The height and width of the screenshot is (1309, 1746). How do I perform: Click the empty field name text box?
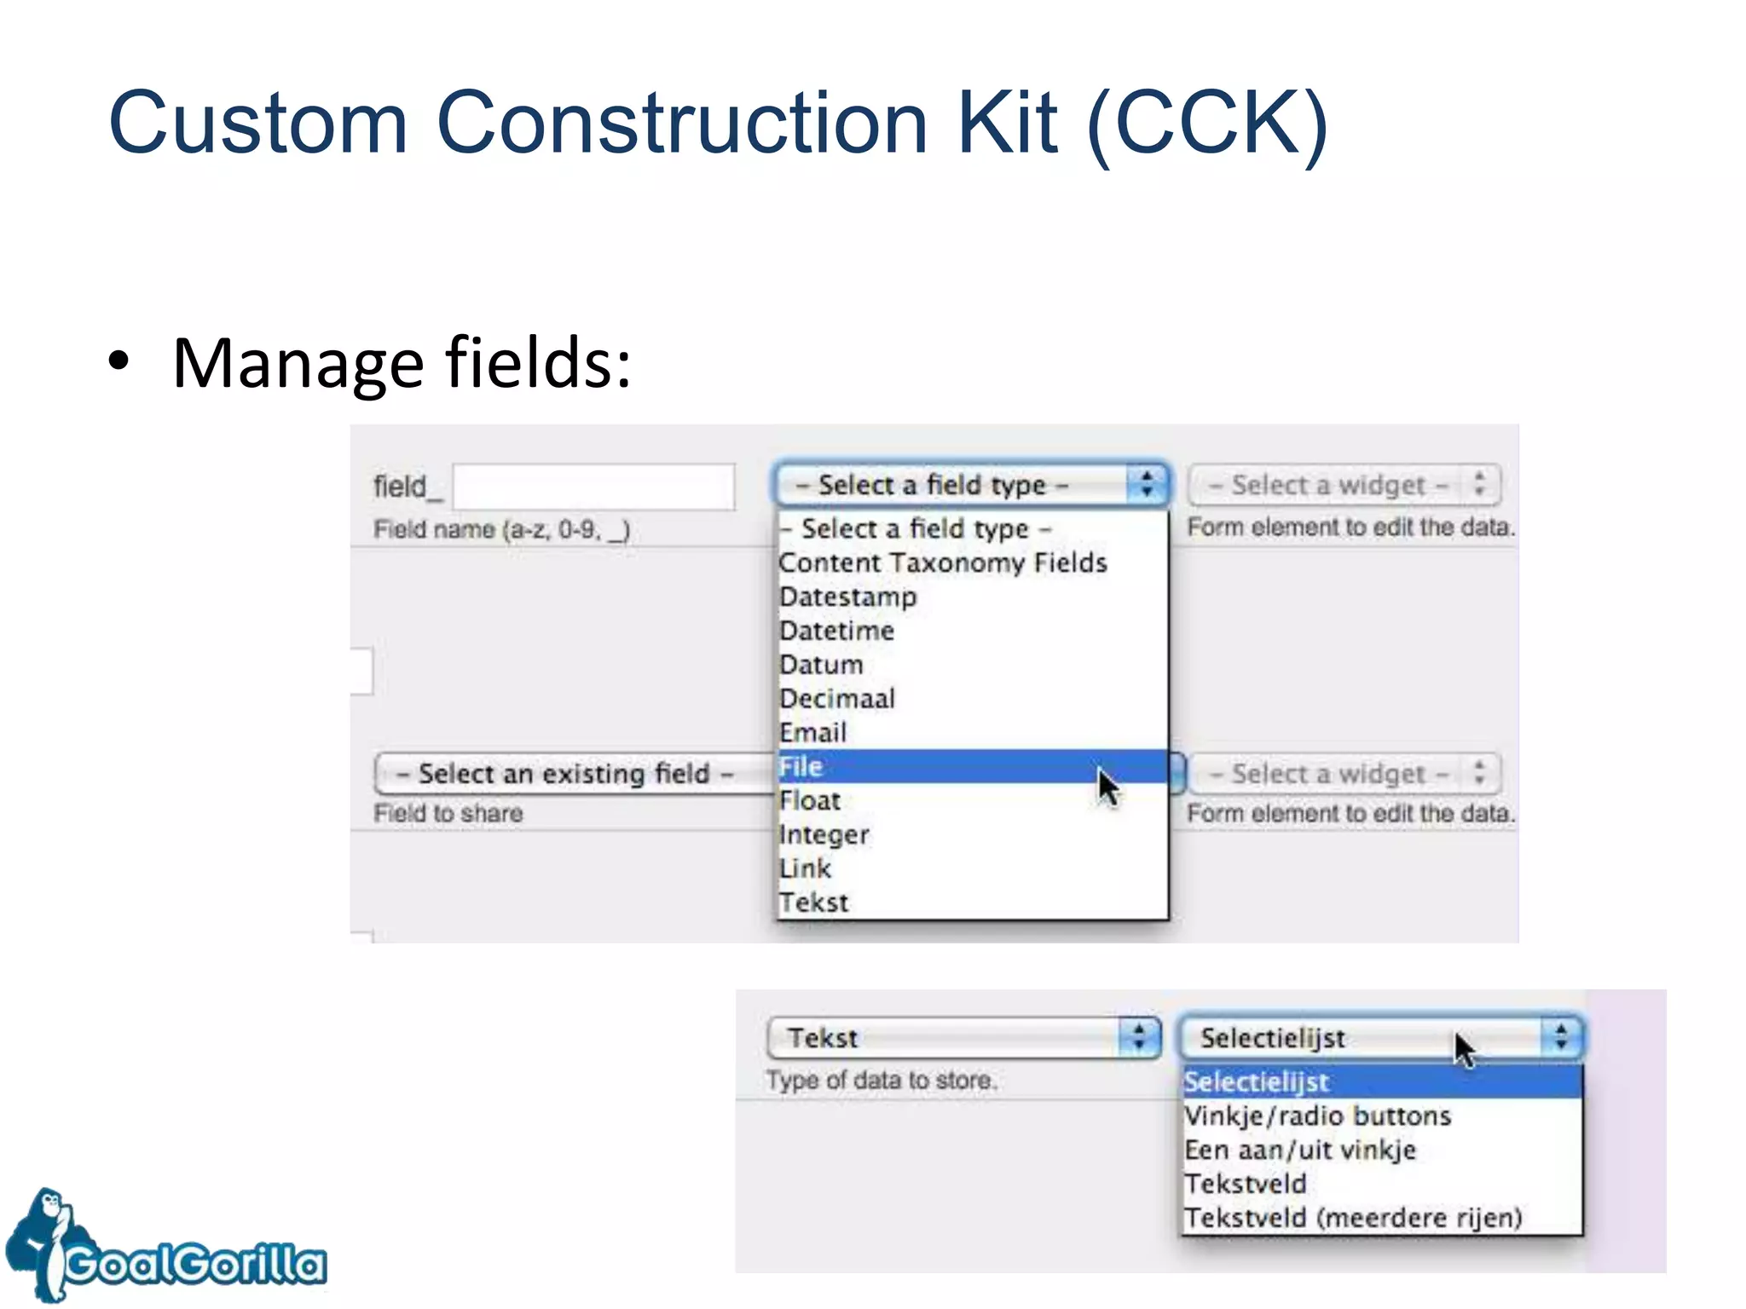593,487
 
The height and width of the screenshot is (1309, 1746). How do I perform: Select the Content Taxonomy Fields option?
942,562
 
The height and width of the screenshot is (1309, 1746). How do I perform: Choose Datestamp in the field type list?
848,597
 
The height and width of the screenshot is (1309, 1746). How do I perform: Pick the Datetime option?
837,631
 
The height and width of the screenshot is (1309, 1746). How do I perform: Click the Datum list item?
821,665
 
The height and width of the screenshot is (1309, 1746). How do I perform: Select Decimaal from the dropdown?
837,699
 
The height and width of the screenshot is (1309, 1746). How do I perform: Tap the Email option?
813,733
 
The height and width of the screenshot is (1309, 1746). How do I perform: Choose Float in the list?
810,801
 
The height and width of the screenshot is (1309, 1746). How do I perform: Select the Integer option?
824,834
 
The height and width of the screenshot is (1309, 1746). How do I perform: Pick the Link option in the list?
805,868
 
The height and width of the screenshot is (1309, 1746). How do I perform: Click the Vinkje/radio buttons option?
1317,1116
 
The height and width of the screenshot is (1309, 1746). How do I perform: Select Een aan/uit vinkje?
1300,1150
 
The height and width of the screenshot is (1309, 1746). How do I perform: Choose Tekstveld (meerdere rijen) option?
1353,1218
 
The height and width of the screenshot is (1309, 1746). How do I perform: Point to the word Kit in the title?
1007,124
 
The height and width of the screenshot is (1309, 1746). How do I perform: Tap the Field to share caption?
448,813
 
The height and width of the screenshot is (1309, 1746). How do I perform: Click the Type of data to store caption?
881,1081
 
